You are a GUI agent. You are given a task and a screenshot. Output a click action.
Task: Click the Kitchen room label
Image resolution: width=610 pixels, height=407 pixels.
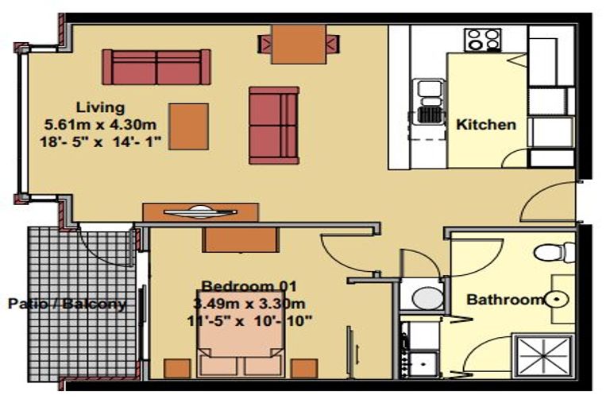pos(486,125)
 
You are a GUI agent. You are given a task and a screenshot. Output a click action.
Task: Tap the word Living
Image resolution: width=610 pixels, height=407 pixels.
pos(100,107)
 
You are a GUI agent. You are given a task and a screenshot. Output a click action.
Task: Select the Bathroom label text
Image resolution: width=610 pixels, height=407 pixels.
pos(505,300)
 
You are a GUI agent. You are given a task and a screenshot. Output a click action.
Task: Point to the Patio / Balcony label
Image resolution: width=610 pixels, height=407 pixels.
pos(68,304)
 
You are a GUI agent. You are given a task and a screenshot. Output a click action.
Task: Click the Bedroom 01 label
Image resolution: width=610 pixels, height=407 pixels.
pos(249,286)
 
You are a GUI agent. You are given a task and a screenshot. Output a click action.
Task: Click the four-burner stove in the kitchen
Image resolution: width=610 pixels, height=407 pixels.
pos(482,40)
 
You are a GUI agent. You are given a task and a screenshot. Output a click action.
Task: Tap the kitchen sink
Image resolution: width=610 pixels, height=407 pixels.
pos(429,101)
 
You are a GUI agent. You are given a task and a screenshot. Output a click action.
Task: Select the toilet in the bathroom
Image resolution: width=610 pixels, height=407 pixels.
pos(554,252)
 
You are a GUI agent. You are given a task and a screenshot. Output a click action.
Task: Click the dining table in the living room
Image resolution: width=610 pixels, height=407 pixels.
pos(299,44)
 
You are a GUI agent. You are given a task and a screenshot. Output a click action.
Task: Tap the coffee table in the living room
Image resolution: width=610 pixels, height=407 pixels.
pos(189,126)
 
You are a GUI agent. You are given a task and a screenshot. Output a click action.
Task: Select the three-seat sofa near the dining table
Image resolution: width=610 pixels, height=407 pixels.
pos(156,67)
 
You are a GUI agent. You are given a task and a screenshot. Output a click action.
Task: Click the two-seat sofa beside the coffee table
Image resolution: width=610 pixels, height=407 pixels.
pos(274,126)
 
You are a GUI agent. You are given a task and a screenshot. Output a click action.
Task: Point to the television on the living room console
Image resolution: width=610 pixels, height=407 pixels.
pos(200,212)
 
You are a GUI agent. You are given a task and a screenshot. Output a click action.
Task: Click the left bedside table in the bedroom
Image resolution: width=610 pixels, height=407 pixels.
pos(177,368)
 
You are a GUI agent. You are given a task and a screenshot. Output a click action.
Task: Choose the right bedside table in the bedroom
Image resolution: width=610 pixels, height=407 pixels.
pos(304,368)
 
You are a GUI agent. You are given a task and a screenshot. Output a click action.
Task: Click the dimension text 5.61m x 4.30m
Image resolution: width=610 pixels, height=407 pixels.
pos(100,125)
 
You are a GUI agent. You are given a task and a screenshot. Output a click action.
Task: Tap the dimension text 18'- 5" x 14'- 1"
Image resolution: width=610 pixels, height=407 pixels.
pos(100,141)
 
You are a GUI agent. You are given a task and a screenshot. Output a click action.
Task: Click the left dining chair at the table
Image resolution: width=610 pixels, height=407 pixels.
pos(264,44)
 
